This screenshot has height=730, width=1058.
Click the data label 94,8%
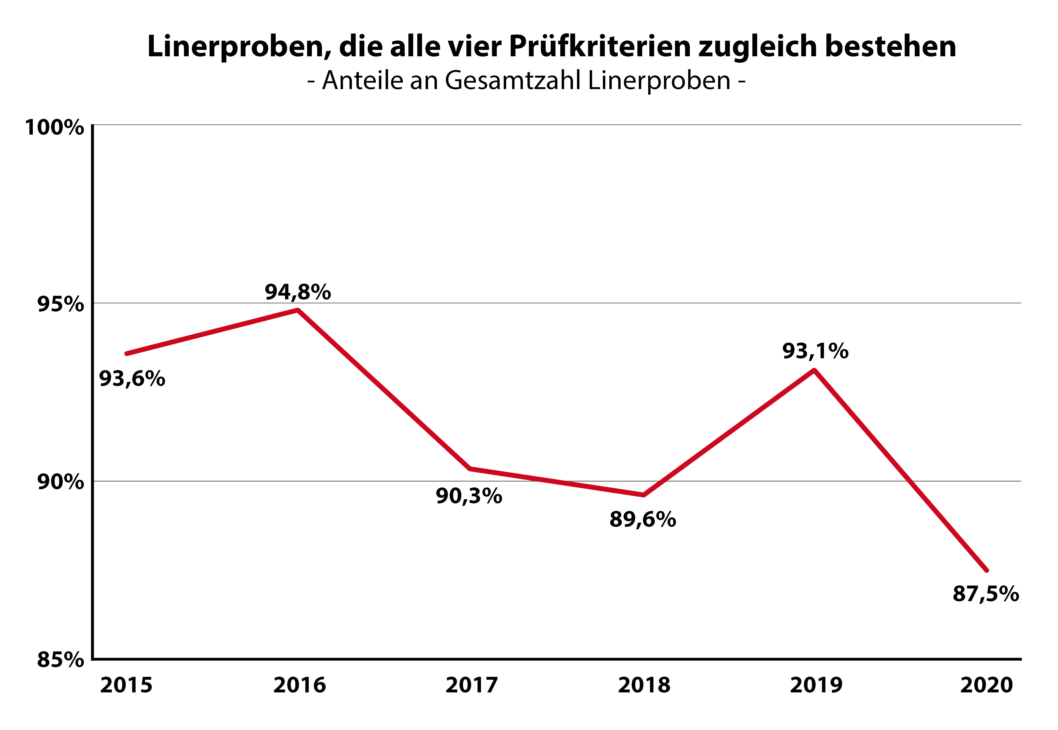click(x=298, y=292)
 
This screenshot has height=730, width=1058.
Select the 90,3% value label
click(x=469, y=496)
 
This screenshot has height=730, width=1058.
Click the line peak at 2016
click(x=298, y=310)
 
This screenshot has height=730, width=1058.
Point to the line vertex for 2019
click(x=815, y=370)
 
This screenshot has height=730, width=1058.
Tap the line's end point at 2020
click(x=987, y=570)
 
